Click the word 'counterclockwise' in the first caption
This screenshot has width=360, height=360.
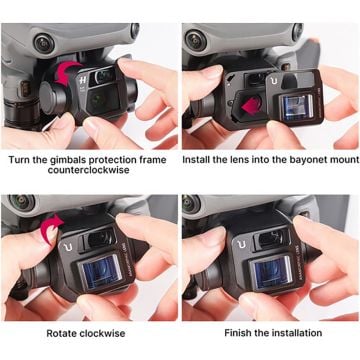coord(88,171)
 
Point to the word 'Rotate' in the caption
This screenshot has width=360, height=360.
coord(63,332)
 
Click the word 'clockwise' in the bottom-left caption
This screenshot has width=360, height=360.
coord(106,332)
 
